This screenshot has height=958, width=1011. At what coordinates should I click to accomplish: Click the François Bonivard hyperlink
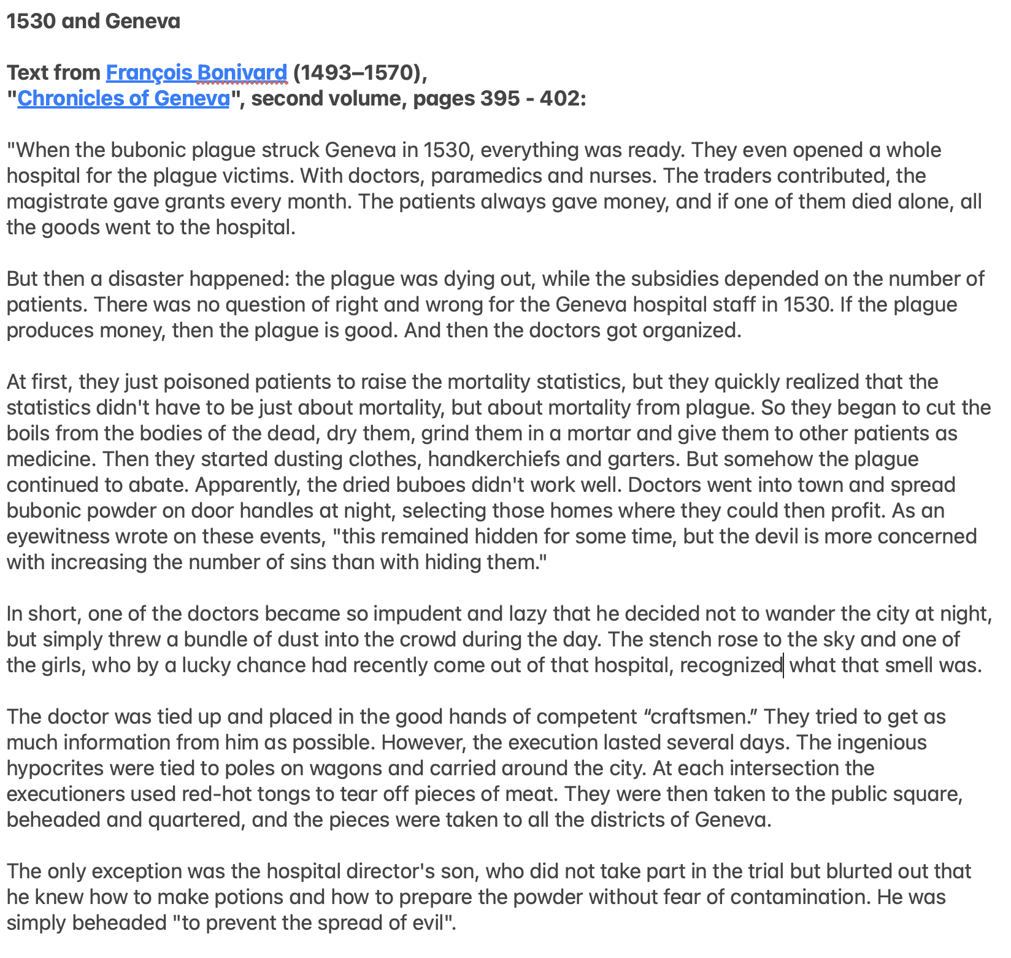[196, 73]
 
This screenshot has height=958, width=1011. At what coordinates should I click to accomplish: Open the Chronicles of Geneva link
[123, 99]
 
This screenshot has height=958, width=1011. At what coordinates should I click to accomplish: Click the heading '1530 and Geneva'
[93, 21]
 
